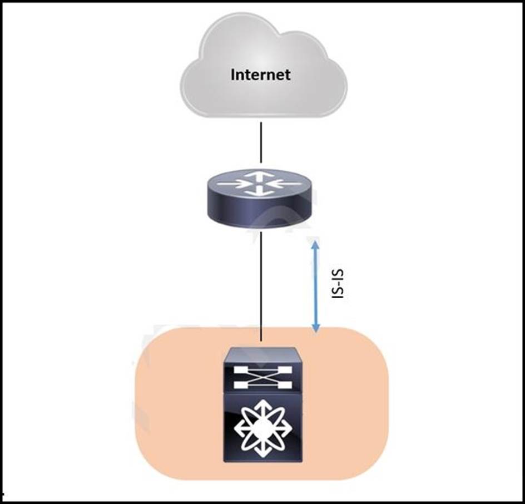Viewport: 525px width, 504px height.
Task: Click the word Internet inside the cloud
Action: [260, 75]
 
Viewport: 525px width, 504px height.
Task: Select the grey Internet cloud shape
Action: [263, 65]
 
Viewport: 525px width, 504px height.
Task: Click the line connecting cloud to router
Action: [261, 142]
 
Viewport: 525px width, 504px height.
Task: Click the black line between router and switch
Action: [261, 286]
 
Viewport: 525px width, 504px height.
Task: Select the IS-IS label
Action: [338, 284]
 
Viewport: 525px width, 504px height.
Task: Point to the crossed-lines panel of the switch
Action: [262, 377]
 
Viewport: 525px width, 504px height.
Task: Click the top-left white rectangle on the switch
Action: [240, 370]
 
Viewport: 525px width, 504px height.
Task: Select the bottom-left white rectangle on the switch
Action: [240, 385]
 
